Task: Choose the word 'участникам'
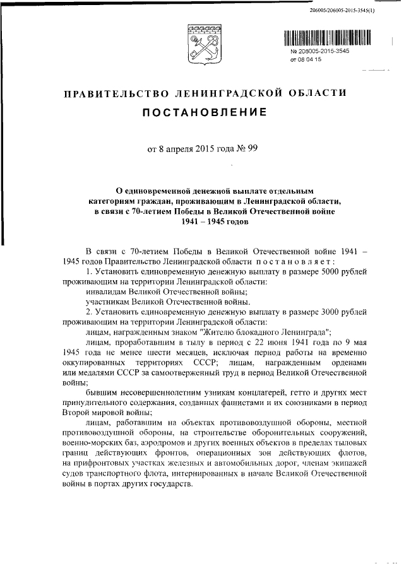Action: tap(107, 302)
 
